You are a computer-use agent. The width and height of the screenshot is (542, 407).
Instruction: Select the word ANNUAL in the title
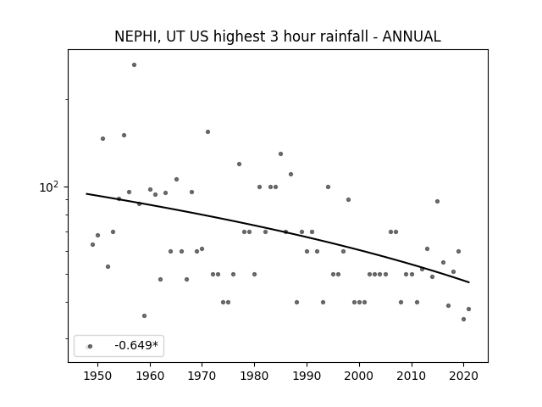pos(412,36)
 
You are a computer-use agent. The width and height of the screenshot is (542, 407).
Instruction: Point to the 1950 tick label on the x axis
pos(98,376)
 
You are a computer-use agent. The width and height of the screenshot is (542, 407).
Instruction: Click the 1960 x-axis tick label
pos(150,376)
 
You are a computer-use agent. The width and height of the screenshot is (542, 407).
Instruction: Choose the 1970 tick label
pos(202,376)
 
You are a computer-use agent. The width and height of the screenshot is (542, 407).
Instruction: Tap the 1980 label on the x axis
pos(254,376)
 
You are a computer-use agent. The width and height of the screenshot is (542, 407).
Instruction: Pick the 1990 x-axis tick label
pos(307,376)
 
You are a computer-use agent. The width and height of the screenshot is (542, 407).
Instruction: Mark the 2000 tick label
pos(359,376)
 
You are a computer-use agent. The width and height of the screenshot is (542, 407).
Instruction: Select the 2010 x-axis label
pos(412,376)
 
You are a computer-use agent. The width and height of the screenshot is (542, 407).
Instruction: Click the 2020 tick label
pos(463,376)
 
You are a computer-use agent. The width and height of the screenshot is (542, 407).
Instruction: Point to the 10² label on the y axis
pos(49,187)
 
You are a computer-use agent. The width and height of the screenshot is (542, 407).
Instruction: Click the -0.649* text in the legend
pos(136,345)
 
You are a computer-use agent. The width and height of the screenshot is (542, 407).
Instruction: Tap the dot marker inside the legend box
pos(90,347)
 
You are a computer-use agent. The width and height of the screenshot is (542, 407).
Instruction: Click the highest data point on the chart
pos(134,65)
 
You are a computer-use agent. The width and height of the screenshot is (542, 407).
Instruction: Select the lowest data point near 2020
pos(463,319)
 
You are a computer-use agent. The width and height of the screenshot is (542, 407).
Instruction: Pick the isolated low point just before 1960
pos(145,315)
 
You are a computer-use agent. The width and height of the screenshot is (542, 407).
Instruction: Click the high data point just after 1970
pos(207,132)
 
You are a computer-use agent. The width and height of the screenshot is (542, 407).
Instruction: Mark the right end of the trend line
pos(469,282)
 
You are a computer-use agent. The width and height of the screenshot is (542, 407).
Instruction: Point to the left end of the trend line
pos(86,194)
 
